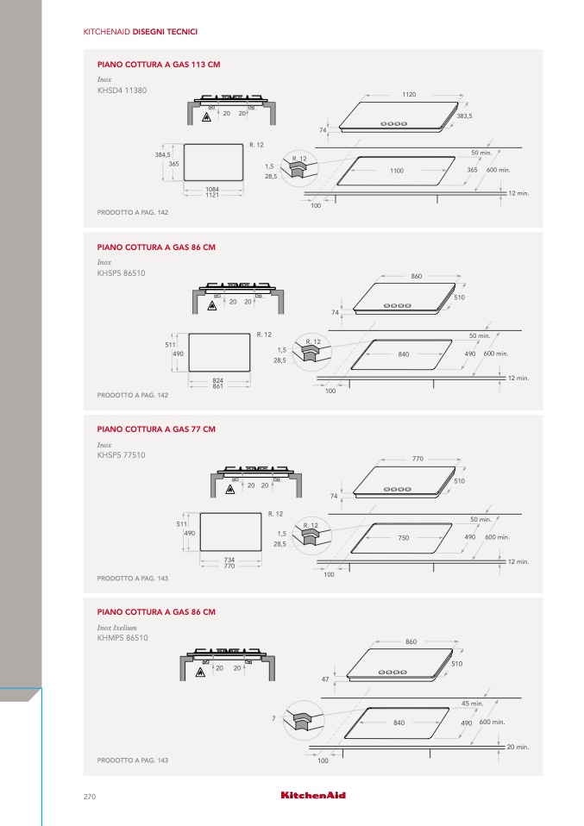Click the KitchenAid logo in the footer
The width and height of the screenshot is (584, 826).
[x=313, y=795]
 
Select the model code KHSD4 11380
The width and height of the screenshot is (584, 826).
[x=122, y=90]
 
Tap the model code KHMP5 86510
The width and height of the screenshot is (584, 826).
[x=123, y=639]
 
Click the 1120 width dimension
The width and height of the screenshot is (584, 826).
[x=409, y=93]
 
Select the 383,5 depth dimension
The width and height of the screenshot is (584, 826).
[x=464, y=116]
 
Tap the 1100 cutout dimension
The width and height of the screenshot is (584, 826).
[x=396, y=171]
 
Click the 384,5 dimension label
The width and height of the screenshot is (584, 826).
[x=162, y=154]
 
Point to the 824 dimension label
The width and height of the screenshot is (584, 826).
[x=218, y=379]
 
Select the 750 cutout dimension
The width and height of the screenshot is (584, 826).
[x=403, y=537]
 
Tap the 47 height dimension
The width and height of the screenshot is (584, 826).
[x=325, y=679]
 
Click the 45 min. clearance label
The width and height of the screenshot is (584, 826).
[x=472, y=704]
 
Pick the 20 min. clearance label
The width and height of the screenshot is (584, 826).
[x=518, y=747]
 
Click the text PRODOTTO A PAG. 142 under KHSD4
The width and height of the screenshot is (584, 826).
[x=132, y=212]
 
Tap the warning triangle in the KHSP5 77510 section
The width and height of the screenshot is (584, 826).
[x=229, y=490]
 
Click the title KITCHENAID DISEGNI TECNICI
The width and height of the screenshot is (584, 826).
[x=140, y=32]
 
